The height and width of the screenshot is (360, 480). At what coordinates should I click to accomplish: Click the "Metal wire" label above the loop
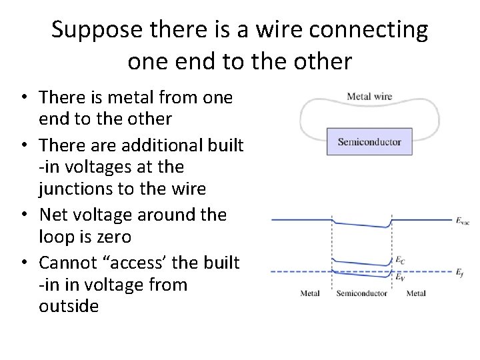coord(369,96)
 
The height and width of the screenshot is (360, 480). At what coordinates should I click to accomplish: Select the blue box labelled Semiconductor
coord(369,141)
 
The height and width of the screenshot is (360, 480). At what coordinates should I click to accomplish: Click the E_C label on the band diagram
coord(400,259)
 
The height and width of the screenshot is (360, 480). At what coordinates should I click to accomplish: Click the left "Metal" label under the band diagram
coord(310,293)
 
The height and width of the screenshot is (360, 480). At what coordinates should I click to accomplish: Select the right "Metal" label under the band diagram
coord(416,293)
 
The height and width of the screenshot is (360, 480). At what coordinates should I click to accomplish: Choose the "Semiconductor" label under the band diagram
coord(362,293)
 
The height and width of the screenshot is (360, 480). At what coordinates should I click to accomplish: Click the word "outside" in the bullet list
coord(69,307)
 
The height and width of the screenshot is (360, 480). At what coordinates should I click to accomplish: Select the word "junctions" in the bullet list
coord(75,190)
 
